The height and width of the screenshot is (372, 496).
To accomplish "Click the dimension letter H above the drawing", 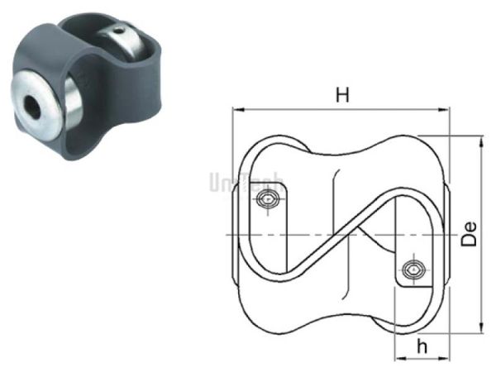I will [x=341, y=95].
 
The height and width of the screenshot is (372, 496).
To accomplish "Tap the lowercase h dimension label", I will [x=421, y=346].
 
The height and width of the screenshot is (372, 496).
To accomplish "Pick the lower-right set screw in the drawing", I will [x=413, y=270].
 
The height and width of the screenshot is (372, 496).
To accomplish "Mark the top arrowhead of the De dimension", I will [x=481, y=143].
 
